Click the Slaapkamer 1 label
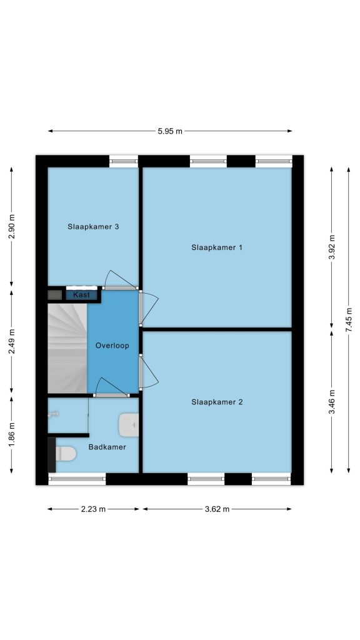217,247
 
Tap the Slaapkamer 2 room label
217,402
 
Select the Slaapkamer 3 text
93,226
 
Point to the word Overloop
112,346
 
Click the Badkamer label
107,447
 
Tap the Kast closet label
82,295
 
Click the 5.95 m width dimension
170,131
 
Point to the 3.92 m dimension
331,247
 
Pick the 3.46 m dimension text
331,402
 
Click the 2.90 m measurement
11,226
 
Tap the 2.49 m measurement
11,341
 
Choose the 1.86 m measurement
11,434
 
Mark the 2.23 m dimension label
94,509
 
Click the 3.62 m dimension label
217,509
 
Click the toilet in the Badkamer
65,454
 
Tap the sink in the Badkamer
129,425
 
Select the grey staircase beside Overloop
67,348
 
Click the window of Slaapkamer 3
124,161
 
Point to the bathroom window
77,479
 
